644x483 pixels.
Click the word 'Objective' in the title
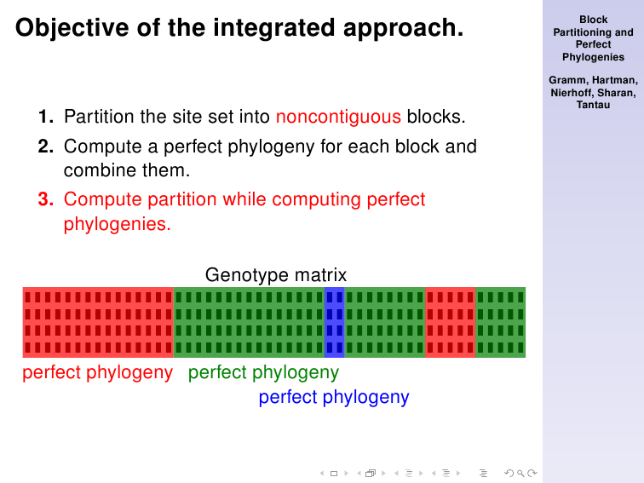pos(72,29)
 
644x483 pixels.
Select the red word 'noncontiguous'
pos(338,117)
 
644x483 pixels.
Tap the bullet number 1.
pos(46,117)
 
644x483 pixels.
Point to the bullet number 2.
pos(46,147)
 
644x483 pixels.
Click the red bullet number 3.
pos(46,199)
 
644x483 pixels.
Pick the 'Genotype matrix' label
pos(276,275)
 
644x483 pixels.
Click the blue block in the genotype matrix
pos(334,322)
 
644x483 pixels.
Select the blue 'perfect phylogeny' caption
pos(334,397)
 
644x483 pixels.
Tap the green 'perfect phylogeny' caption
pos(264,372)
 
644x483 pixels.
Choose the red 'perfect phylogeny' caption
pos(98,372)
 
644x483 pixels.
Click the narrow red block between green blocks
pos(450,322)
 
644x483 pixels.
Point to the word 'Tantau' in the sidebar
pos(593,105)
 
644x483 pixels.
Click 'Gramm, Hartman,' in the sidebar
pos(593,80)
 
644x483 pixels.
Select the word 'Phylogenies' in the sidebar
pos(593,57)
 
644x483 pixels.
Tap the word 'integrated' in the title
pos(274,29)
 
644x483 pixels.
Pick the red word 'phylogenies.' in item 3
pos(117,224)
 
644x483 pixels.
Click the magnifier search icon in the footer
pos(520,473)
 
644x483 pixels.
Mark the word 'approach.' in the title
pos(403,29)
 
